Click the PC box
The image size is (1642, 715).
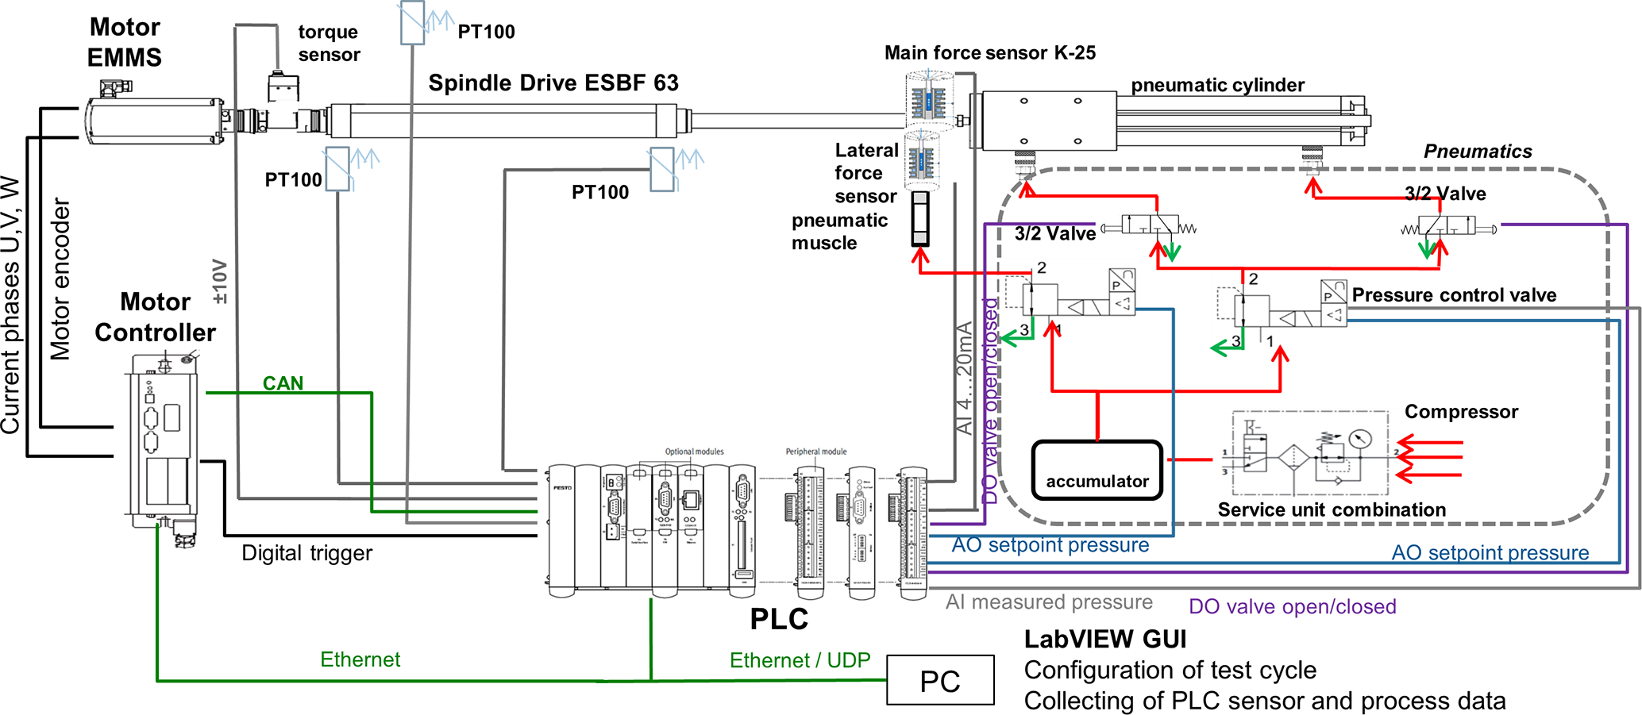pos(940,680)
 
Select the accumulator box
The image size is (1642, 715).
pos(1097,471)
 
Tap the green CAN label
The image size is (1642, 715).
pos(283,383)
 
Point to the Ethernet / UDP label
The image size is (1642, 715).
pos(800,660)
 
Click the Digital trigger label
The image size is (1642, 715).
pos(306,553)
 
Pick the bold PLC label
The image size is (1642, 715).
pos(779,619)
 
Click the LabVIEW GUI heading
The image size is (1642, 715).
pos(1104,639)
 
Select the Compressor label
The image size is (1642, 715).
pos(1461,412)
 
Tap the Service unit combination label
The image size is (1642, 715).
pos(1332,509)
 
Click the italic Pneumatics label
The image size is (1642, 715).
pos(1478,152)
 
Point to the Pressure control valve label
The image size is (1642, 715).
pos(1454,295)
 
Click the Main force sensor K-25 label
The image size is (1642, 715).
pos(990,53)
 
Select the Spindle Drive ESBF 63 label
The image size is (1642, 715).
pos(553,83)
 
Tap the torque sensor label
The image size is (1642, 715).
pos(329,43)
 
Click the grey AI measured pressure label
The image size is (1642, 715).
pos(1049,602)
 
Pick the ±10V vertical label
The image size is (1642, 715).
pos(220,282)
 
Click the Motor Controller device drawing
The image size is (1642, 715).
pos(163,444)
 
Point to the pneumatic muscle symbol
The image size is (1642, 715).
pos(920,218)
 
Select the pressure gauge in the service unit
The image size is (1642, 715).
pos(1360,439)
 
